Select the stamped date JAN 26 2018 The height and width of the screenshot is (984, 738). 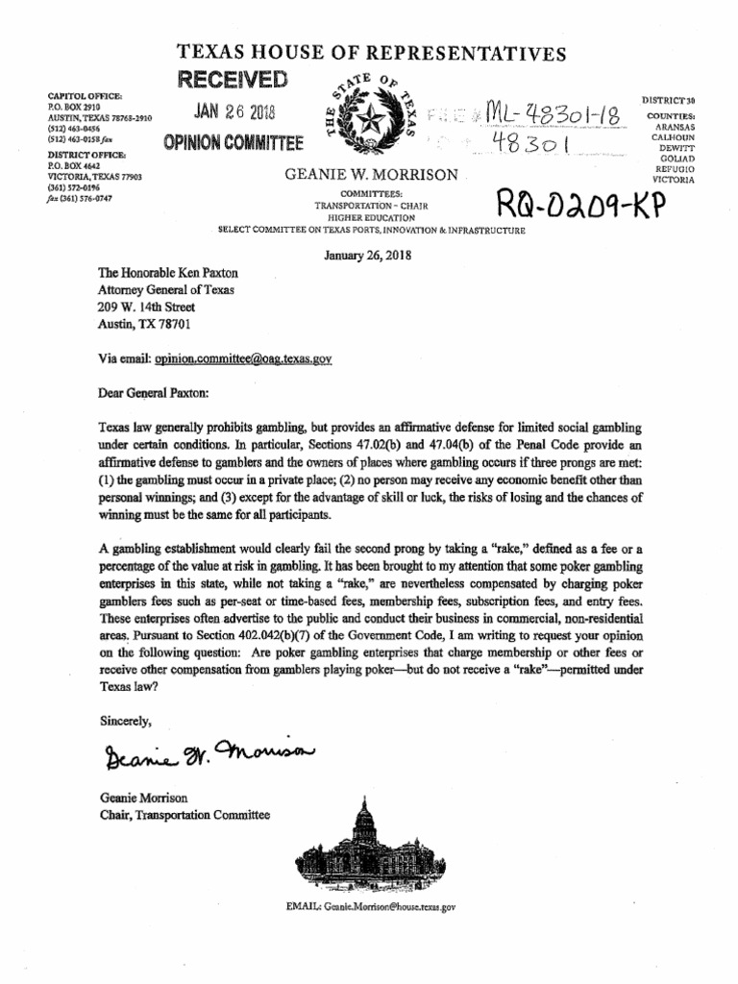(x=234, y=111)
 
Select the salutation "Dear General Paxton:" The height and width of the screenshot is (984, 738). (x=160, y=392)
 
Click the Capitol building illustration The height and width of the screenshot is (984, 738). (x=368, y=847)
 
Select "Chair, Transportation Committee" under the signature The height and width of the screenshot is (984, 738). (x=184, y=816)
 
